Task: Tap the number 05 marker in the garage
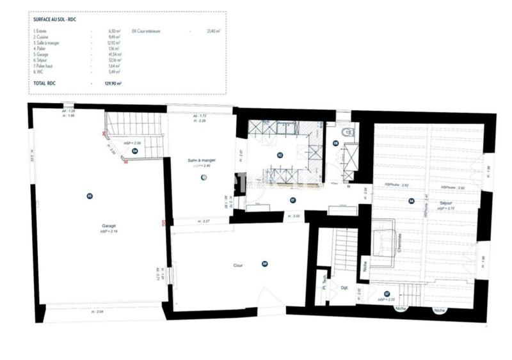90,196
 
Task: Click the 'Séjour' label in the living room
446,203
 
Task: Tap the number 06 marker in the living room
412,201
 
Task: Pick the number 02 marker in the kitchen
280,155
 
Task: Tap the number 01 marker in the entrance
292,200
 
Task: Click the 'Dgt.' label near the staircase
344,288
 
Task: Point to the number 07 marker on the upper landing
387,293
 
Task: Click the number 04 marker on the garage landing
136,152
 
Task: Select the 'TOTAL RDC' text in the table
44,83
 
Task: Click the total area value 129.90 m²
113,83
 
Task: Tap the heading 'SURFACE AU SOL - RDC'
55,20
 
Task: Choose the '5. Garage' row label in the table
42,54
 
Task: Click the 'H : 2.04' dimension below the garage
97,311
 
